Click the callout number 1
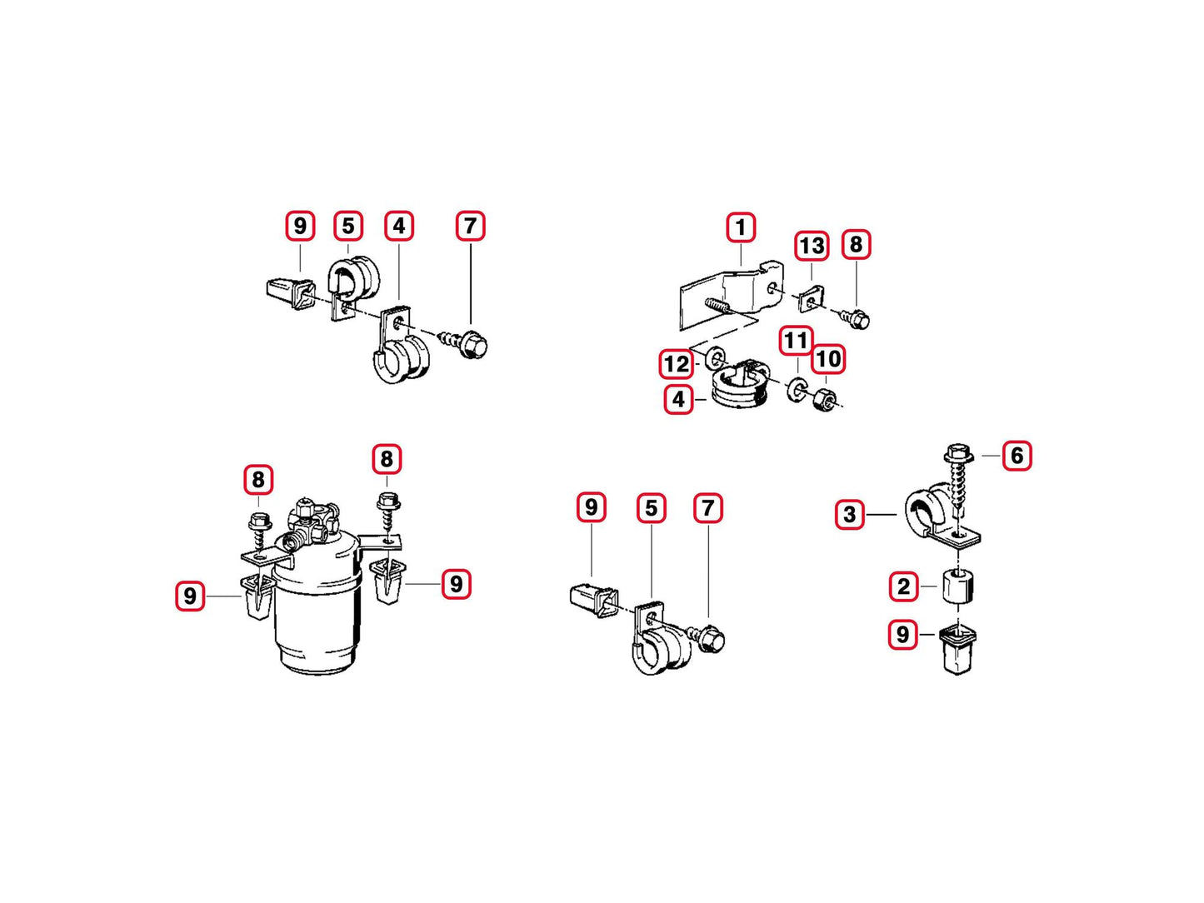pos(741,227)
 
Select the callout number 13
pos(812,246)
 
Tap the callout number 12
pos(677,363)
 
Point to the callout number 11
pos(797,341)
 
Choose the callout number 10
pos(828,359)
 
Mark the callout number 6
pos(1017,455)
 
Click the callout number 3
pos(850,514)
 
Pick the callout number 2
pos(903,586)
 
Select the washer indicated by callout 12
pos(715,358)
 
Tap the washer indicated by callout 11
pos(795,389)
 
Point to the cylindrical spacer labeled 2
pos(958,586)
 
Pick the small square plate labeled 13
pos(811,299)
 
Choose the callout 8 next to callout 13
pos(856,244)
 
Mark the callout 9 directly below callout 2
pos(903,634)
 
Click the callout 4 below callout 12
pos(678,399)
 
